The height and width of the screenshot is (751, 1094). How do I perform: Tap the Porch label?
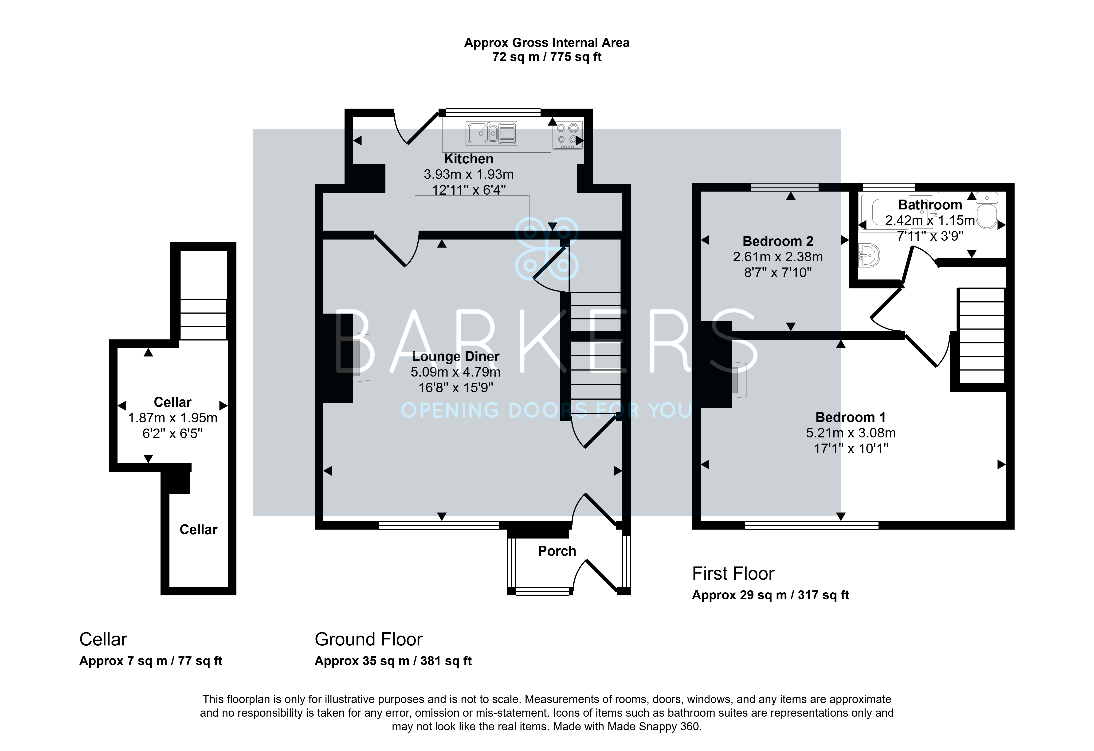click(x=557, y=551)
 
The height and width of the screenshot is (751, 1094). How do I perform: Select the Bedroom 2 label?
click(x=778, y=241)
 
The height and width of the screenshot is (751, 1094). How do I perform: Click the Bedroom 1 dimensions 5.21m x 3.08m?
click(x=851, y=433)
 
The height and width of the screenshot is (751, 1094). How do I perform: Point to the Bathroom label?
click(x=930, y=205)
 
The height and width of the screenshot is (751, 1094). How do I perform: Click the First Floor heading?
click(x=733, y=574)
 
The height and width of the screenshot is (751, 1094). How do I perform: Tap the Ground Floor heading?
click(x=369, y=639)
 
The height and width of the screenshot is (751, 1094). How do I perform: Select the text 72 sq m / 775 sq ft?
click(x=547, y=57)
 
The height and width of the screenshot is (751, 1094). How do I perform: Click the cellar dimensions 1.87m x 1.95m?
click(x=173, y=418)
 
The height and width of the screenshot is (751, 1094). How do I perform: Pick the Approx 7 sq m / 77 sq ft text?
click(x=151, y=661)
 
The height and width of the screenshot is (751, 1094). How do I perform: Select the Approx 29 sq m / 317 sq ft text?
click(x=771, y=595)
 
